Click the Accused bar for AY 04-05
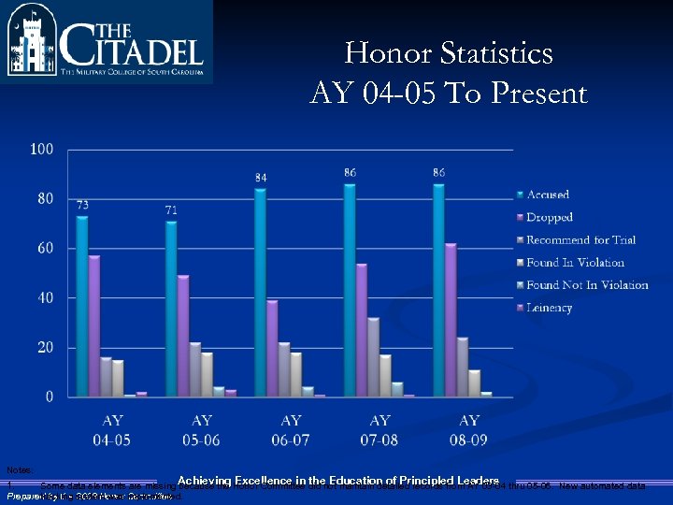82,307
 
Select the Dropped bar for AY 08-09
451,320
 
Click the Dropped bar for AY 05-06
182,336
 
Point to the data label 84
261,177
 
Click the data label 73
82,205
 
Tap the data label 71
171,210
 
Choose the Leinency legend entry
550,308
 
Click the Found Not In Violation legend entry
587,285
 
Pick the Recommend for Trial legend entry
580,240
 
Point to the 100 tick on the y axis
42,149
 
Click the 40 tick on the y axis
45,297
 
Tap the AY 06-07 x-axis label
291,429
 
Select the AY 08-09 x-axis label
469,429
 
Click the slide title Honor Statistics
449,53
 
